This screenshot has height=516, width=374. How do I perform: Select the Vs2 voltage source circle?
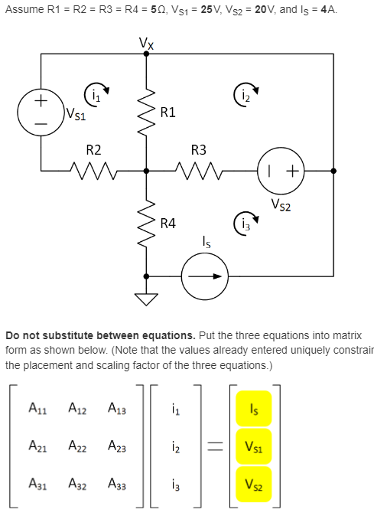tap(282, 171)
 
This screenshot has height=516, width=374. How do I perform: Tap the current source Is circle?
tap(204, 274)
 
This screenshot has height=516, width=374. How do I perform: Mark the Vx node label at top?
tap(146, 42)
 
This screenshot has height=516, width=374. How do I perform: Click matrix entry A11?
tap(37, 409)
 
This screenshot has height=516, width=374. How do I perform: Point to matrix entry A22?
tap(78, 446)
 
